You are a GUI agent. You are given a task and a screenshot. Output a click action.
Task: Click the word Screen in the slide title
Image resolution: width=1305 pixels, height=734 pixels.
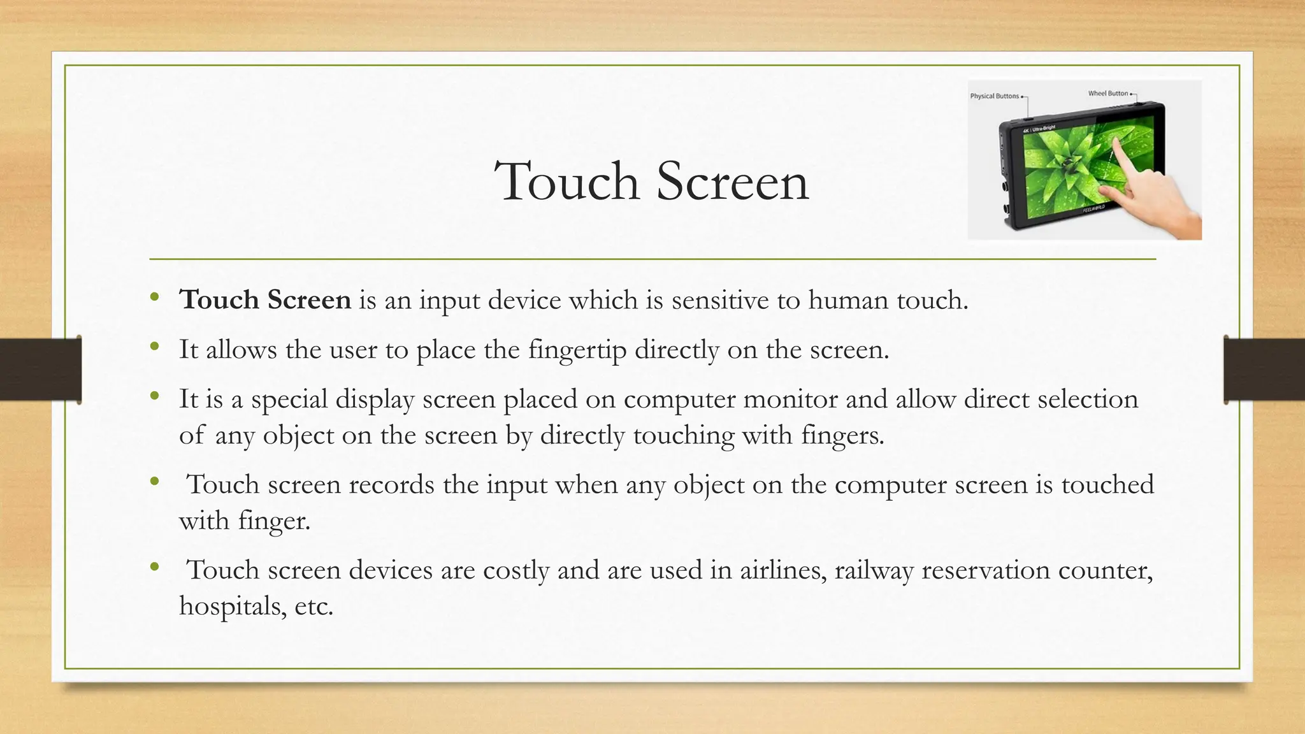pos(732,182)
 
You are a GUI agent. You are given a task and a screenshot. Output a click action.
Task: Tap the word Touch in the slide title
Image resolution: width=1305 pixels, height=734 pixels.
pos(566,182)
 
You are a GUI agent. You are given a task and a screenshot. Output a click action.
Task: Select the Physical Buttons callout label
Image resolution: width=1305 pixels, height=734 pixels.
pos(994,96)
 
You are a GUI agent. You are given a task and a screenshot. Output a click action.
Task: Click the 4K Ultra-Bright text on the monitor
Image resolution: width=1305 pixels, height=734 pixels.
pos(1039,129)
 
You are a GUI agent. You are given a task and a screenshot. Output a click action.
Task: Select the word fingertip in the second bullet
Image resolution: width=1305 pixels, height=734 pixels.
pos(577,350)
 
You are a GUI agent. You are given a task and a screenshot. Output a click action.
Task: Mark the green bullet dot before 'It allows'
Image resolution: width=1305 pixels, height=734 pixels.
pos(154,347)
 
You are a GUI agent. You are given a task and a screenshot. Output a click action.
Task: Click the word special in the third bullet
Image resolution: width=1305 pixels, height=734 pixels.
pos(289,399)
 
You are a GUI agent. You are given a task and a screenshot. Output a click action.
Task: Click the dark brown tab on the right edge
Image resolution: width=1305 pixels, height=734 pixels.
pos(1264,370)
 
